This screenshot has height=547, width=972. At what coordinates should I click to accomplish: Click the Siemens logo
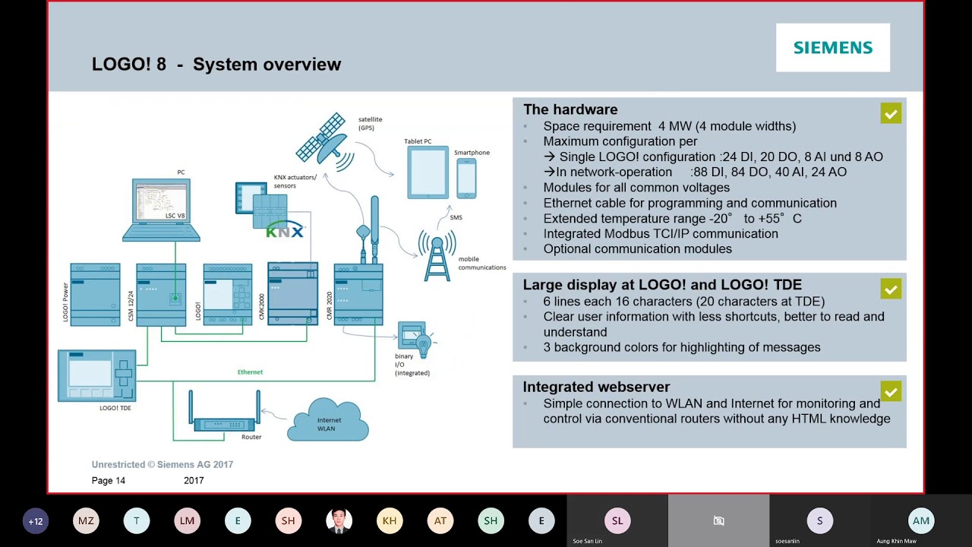point(832,48)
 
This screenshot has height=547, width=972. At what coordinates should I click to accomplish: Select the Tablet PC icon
point(428,172)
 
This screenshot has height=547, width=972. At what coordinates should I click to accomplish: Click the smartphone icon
point(466,178)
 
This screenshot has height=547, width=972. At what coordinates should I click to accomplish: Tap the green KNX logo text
point(285,232)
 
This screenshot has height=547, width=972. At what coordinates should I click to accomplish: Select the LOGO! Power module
point(95,295)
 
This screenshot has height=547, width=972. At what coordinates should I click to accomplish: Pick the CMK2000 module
point(292,293)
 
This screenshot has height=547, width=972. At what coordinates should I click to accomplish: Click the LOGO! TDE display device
point(97,375)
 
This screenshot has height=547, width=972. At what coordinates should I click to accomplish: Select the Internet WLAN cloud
point(328,421)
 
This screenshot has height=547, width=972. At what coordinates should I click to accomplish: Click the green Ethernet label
point(250,372)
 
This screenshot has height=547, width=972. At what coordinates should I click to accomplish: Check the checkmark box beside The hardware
point(891,114)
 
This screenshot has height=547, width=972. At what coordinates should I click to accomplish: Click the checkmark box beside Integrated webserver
point(891,391)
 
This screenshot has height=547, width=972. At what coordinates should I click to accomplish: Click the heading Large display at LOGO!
point(662,285)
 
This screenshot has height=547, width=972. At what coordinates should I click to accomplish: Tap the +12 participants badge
point(36,521)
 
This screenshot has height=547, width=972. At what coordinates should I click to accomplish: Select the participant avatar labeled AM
point(921,520)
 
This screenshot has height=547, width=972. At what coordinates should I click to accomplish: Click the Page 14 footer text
point(109,481)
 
